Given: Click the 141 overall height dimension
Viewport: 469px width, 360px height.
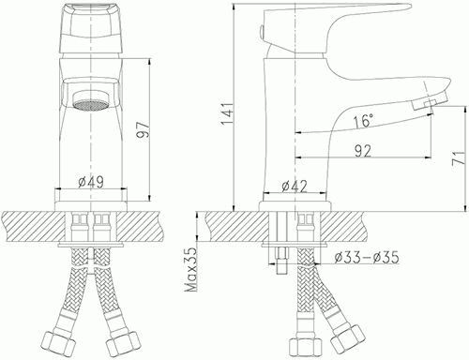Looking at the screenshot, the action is (x=227, y=113).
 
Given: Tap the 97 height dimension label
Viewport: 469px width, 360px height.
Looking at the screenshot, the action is (x=144, y=129).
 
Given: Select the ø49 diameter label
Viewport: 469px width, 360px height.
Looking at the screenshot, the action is (x=91, y=182).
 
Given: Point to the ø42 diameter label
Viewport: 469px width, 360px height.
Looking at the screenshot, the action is (x=295, y=187).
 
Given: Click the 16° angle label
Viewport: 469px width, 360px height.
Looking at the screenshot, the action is (x=364, y=121).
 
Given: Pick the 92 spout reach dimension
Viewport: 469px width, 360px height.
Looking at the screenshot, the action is (x=363, y=151).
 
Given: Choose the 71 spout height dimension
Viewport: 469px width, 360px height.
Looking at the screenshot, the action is (x=459, y=158).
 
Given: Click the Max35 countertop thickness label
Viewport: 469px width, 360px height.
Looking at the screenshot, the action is (x=190, y=269).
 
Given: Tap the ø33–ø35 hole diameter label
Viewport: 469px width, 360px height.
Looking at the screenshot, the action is (x=367, y=258).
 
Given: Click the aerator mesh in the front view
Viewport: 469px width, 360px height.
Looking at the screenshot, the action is (x=90, y=106).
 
